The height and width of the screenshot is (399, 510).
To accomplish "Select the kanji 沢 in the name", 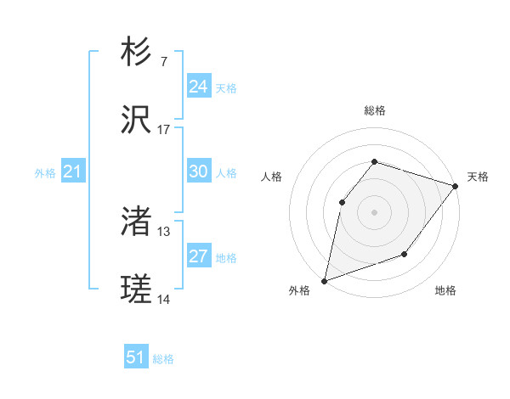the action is [x=136, y=121].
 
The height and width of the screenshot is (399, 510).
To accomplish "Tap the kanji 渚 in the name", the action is [x=136, y=222].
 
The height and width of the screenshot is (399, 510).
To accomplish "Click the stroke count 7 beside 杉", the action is [x=164, y=61].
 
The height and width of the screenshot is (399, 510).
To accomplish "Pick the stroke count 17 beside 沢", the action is [x=164, y=130].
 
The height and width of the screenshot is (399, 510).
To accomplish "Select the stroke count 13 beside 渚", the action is [x=164, y=232].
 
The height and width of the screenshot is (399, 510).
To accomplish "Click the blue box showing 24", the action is [x=198, y=86].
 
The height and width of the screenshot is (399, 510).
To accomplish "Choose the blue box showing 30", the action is [x=198, y=171].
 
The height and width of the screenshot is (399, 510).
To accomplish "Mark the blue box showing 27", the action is [x=198, y=256].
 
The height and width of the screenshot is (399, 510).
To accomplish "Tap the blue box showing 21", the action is [x=73, y=171].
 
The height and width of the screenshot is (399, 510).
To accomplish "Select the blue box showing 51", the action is [x=136, y=357].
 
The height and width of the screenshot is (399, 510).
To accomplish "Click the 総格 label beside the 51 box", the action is [x=163, y=359].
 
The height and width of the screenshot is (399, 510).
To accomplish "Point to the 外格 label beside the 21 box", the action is [x=45, y=173].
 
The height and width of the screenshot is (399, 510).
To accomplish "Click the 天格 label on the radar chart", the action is [x=478, y=177].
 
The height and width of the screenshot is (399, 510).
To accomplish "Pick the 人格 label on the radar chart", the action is [x=271, y=177].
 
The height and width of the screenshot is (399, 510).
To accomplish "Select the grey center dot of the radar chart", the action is [x=374, y=211].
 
